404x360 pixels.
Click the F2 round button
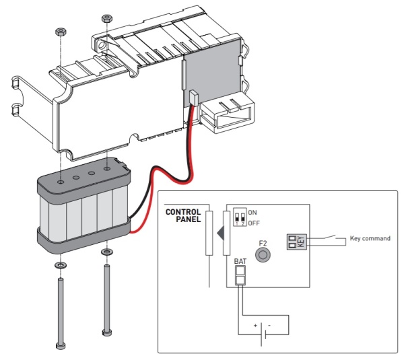tap(263, 255)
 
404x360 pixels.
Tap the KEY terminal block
tap(296, 242)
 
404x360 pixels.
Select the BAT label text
tap(240, 261)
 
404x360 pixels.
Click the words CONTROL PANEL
tap(183, 215)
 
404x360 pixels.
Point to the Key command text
tap(370, 238)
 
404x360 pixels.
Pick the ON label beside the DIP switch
tap(252, 213)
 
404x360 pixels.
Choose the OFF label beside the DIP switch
tap(254, 223)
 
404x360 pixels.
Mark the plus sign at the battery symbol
tap(255, 326)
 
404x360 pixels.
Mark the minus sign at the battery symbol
tap(269, 326)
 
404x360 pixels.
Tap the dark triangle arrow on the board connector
tap(221, 233)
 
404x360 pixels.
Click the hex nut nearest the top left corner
tap(61, 32)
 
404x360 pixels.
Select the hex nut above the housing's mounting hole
tap(106, 19)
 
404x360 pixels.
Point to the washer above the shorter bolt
tap(106, 251)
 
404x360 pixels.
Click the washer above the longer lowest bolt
tap(61, 264)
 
